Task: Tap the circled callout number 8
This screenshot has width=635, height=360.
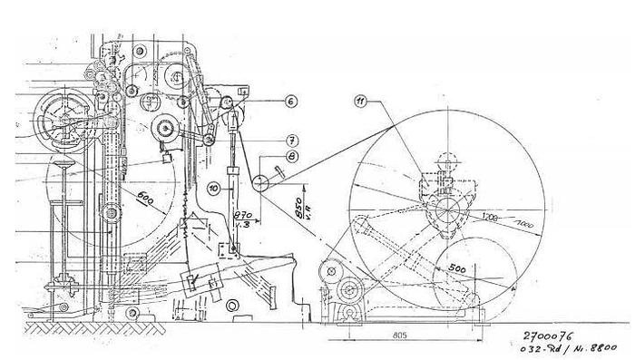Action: pos(292,157)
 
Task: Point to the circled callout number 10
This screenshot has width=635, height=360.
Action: pos(212,188)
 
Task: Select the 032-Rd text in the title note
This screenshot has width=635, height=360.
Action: pos(548,347)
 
